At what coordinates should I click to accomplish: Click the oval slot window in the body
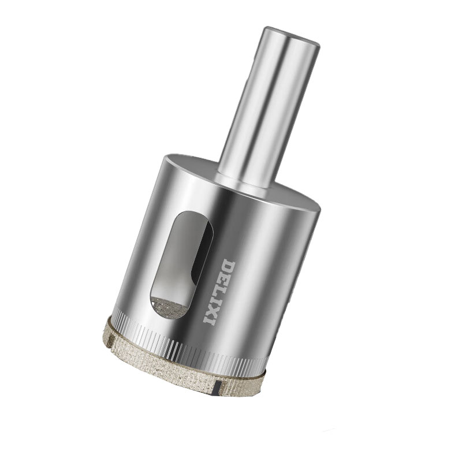181,264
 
